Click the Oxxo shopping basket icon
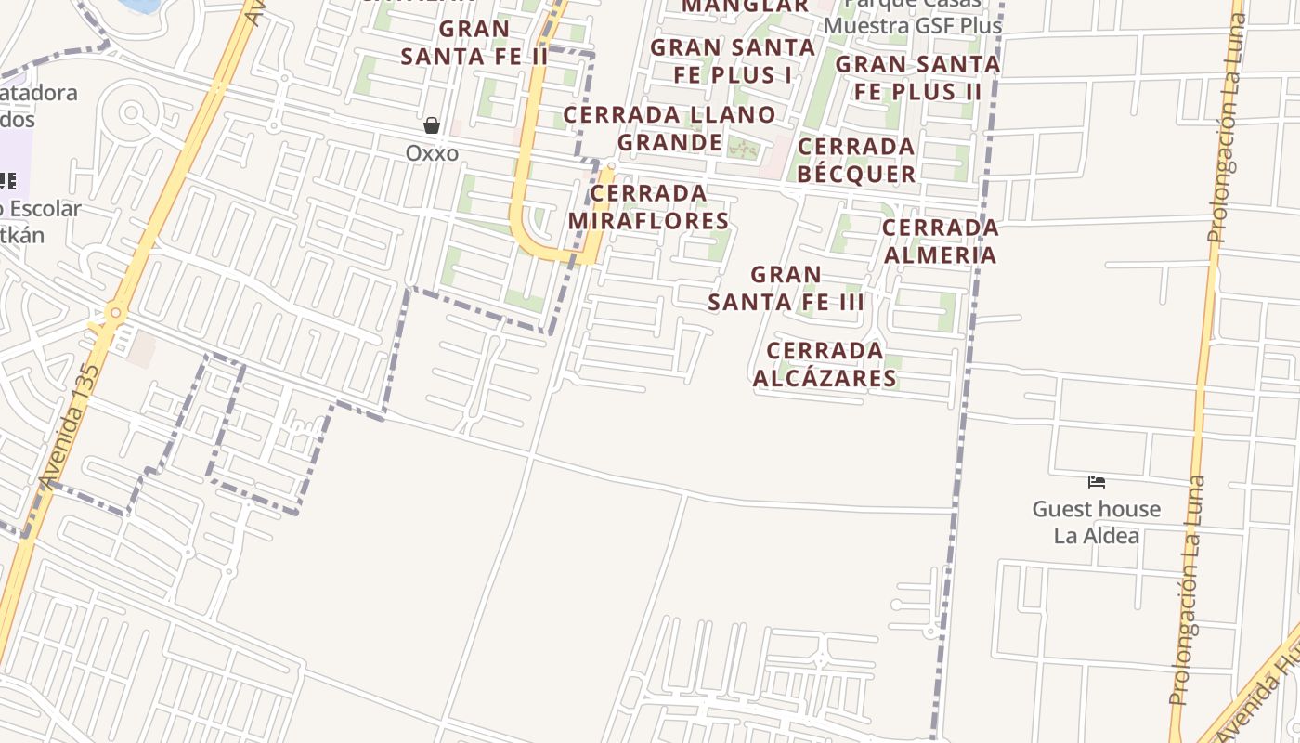click(432, 125)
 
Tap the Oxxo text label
click(432, 152)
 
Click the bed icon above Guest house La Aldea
click(1097, 482)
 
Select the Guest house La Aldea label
click(1097, 522)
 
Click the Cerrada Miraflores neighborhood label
click(648, 207)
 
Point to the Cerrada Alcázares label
click(825, 364)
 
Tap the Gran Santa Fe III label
click(786, 288)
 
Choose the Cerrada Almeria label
click(940, 241)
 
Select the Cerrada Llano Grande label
click(669, 128)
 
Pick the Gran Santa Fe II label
click(474, 43)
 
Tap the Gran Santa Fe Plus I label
click(733, 60)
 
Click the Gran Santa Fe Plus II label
click(917, 78)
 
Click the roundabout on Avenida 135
click(115, 314)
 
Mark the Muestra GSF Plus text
click(913, 25)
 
